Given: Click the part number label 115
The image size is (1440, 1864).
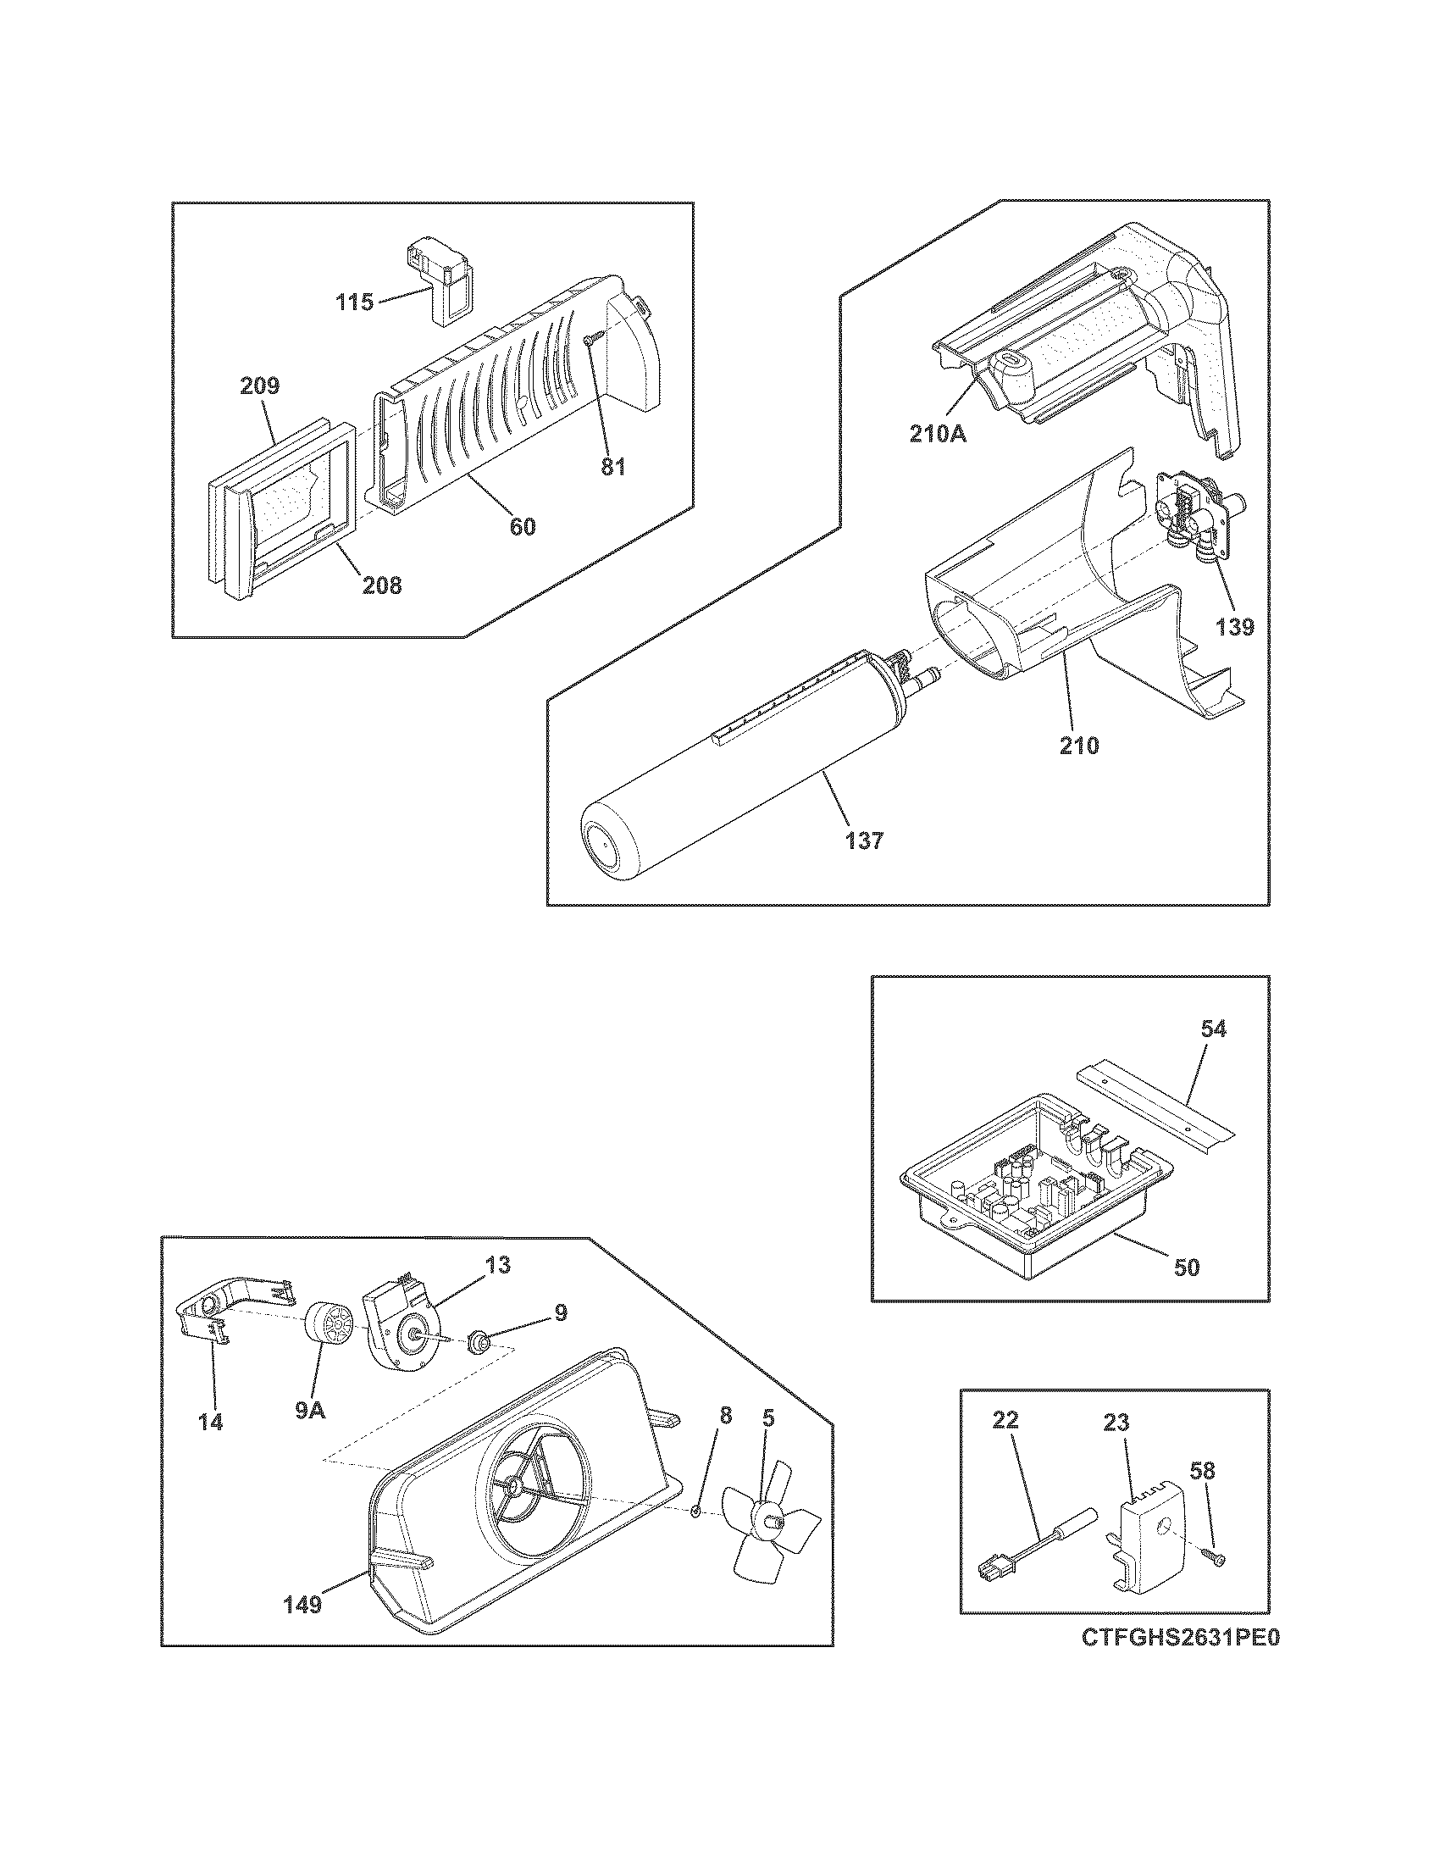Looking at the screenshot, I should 354,302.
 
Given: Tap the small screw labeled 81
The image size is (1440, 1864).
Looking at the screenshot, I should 590,340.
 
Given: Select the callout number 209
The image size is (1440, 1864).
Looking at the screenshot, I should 259,385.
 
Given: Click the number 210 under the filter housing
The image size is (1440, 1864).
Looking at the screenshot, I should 1079,745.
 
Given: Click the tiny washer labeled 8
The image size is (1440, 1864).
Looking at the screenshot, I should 695,1511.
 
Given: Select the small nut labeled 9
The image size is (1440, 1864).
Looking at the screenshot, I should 477,1345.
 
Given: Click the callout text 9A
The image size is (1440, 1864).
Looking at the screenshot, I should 311,1410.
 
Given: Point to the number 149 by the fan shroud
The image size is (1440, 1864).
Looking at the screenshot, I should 303,1605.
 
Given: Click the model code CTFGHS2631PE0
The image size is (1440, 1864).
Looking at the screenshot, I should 1182,1662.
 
